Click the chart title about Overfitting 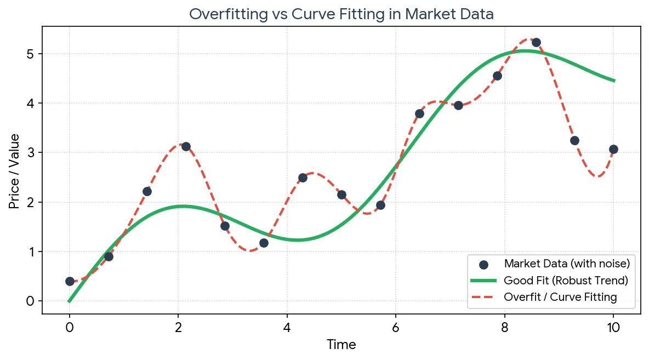pyautogui.click(x=341, y=14)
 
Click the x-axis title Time pyautogui.click(x=341, y=345)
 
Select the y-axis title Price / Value pyautogui.click(x=14, y=172)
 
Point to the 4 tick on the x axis pyautogui.click(x=287, y=328)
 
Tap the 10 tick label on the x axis pyautogui.click(x=613, y=328)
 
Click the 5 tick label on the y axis pyautogui.click(x=30, y=54)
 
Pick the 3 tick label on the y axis pyautogui.click(x=30, y=153)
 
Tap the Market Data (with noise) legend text pyautogui.click(x=567, y=264)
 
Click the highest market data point pyautogui.click(x=536, y=43)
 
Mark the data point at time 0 pyautogui.click(x=70, y=282)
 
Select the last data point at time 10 pyautogui.click(x=613, y=150)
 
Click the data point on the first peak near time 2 pyautogui.click(x=186, y=146)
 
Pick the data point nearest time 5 pyautogui.click(x=341, y=195)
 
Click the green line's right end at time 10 pyautogui.click(x=614, y=81)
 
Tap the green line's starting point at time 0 pyautogui.click(x=69, y=301)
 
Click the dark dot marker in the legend pyautogui.click(x=483, y=265)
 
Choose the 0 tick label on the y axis pyautogui.click(x=30, y=301)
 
